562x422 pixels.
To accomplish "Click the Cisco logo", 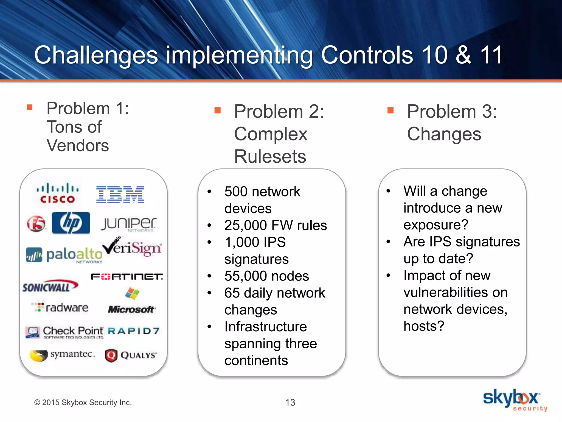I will [58, 193].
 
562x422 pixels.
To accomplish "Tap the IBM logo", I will [120, 194].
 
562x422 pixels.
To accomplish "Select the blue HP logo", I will [71, 223].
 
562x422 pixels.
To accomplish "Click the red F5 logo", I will [36, 223].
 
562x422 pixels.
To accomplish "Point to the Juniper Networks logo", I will [129, 224].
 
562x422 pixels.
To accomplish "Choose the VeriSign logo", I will [132, 247].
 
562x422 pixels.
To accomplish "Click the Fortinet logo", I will [127, 277].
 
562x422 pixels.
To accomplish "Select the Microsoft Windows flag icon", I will [132, 293].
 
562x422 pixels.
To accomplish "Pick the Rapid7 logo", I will [134, 331].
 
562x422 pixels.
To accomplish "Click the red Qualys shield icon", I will [111, 356].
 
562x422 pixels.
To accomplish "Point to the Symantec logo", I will [62, 355].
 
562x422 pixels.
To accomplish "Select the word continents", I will [256, 360].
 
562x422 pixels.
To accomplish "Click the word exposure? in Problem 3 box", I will [436, 225].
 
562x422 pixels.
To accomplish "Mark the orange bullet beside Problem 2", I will [218, 110].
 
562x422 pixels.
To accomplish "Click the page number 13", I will [290, 402].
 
